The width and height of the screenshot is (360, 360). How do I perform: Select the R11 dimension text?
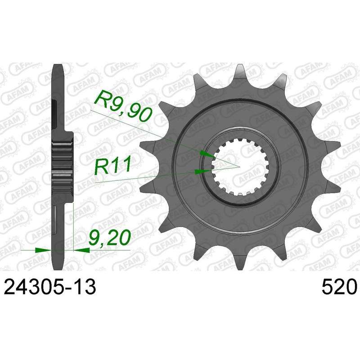pos(113,166)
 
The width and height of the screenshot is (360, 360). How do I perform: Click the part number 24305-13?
pos(50,287)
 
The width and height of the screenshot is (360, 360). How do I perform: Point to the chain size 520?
pos(339,287)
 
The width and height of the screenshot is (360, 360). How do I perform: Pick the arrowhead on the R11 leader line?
pos(202,171)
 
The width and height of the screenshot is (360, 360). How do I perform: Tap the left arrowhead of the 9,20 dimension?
pos(43,250)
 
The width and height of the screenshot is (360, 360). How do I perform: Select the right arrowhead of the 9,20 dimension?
pos(81,250)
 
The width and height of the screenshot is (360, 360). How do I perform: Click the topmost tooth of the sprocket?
pos(240,71)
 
